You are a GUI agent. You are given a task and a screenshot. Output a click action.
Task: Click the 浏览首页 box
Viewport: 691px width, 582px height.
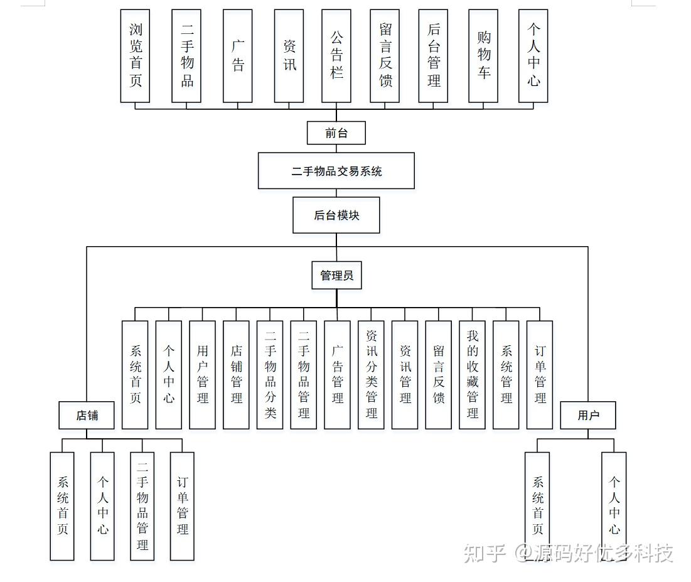click(135, 56)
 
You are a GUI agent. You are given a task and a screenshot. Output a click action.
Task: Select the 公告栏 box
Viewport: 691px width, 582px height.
click(336, 56)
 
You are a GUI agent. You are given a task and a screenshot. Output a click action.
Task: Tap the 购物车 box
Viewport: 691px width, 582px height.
click(483, 56)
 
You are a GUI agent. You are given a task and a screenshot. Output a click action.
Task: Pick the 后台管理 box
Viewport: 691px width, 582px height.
click(433, 56)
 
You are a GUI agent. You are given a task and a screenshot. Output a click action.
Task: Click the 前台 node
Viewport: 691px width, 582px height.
click(336, 133)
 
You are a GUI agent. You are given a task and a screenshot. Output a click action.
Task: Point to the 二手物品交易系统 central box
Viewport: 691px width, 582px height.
click(336, 171)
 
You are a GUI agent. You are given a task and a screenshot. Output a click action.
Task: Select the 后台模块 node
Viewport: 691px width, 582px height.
click(336, 215)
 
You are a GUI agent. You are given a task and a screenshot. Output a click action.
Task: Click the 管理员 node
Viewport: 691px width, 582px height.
click(336, 276)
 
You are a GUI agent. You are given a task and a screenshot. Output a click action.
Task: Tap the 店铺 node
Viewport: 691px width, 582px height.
click(87, 415)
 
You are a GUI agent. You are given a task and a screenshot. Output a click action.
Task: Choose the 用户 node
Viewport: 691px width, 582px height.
click(588, 415)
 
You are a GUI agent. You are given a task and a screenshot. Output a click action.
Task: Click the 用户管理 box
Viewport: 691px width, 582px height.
click(202, 375)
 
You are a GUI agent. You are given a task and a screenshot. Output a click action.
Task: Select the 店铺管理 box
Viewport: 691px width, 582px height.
click(236, 375)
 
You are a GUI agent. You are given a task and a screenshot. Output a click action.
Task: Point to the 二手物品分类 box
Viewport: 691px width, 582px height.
click(270, 375)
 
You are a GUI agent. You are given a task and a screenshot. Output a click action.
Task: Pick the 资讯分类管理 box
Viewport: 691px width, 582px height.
click(371, 375)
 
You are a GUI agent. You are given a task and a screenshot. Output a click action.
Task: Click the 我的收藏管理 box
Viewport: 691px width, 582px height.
click(472, 375)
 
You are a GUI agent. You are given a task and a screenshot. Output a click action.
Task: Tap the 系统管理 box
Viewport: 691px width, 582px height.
click(506, 375)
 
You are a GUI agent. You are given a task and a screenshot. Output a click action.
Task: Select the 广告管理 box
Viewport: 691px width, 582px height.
click(337, 375)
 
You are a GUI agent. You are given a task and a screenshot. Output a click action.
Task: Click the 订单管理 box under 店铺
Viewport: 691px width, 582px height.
click(182, 505)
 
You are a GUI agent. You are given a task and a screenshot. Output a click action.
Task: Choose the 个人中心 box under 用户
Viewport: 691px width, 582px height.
click(614, 505)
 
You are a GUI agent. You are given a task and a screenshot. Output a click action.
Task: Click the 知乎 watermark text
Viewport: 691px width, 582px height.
click(484, 553)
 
